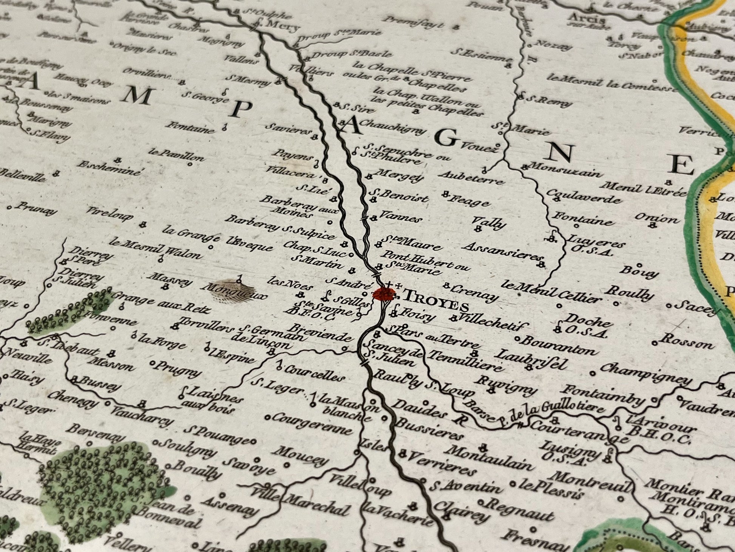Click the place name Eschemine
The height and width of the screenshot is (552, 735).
pos(110,168)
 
